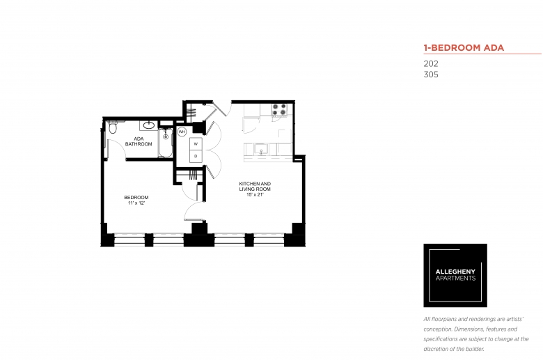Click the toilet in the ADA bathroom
coord(113,127)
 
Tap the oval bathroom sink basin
coord(149,125)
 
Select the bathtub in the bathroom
coord(165,143)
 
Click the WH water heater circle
coord(182,132)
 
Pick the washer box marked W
coord(196,144)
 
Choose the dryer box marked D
coord(196,156)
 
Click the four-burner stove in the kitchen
coord(279,109)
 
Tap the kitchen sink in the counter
coord(261,150)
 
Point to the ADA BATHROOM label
coord(139,141)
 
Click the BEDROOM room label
coord(136,198)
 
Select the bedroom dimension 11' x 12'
coord(136,203)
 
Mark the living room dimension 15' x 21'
coord(255,195)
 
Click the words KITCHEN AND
coord(255,184)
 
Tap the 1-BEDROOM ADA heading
coord(464,48)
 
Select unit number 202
coord(431,64)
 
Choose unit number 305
coord(431,75)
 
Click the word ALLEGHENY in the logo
coord(455,272)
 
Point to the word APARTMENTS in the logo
coord(455,279)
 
